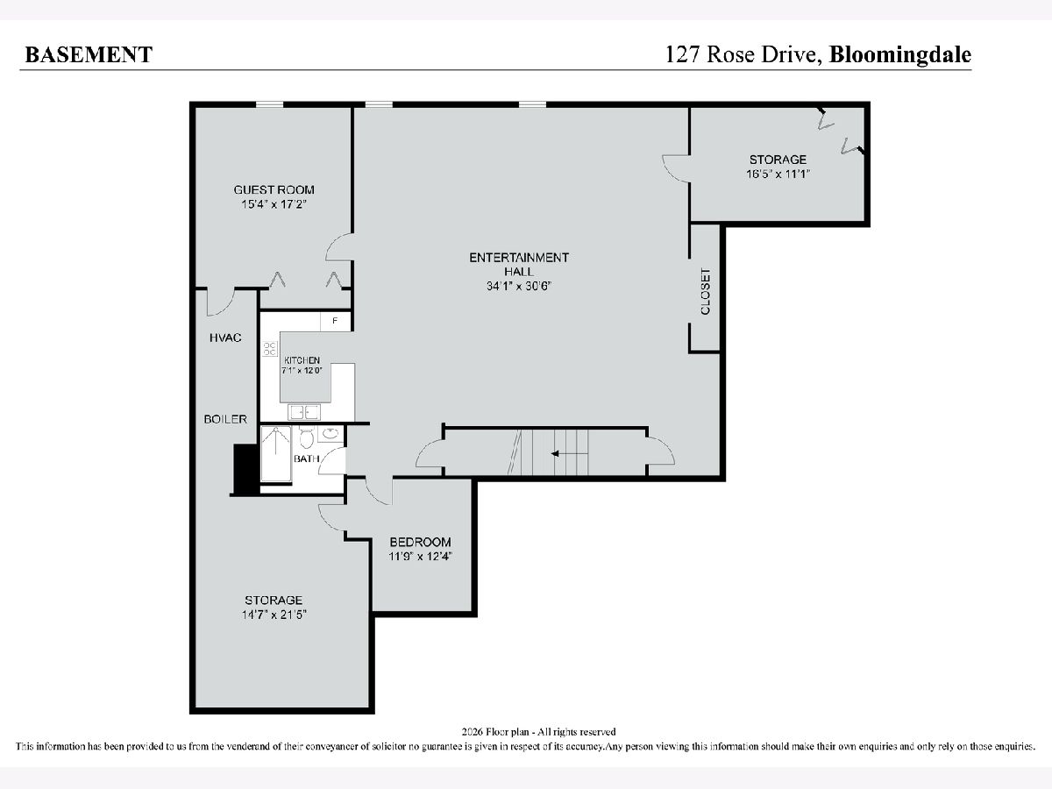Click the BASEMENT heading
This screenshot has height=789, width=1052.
click(x=89, y=54)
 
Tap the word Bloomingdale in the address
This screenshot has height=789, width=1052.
click(x=900, y=55)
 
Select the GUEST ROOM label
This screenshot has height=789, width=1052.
click(x=274, y=189)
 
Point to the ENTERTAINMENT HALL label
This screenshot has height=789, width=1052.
click(x=519, y=265)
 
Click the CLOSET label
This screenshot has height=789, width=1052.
click(x=706, y=291)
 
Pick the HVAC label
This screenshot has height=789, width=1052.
click(x=225, y=338)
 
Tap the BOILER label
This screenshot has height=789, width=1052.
click(x=225, y=419)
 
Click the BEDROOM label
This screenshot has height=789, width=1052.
click(x=420, y=542)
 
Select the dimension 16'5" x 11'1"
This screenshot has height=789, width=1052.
click(x=778, y=174)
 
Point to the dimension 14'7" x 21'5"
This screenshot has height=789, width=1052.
click(x=274, y=615)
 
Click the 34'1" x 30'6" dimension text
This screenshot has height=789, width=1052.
click(x=519, y=286)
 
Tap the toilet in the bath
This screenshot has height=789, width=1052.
click(x=306, y=437)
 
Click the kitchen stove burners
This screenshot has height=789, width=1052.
click(x=270, y=349)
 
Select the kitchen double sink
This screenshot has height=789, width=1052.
click(x=304, y=412)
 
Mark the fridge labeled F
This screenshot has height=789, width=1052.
click(x=336, y=321)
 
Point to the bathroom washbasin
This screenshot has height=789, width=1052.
click(x=331, y=434)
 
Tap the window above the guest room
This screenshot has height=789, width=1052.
click(x=269, y=104)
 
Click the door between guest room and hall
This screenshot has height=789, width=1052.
click(x=339, y=247)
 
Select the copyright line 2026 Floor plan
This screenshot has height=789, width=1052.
click(x=538, y=732)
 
